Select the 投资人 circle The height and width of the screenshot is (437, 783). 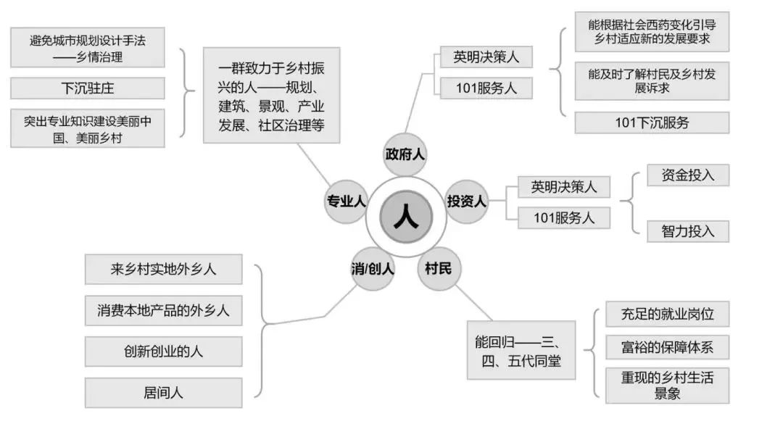[x=466, y=201]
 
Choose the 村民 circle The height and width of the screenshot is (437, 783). [x=439, y=269]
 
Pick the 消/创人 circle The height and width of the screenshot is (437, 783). [x=373, y=270]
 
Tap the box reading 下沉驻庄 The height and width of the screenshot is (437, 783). [x=87, y=88]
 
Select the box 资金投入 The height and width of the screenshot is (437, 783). [x=688, y=175]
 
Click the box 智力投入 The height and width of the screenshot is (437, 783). [x=688, y=231]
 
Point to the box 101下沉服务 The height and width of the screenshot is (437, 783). [x=652, y=122]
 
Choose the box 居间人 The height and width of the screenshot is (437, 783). [x=163, y=393]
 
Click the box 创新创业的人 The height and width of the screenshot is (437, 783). [x=163, y=351]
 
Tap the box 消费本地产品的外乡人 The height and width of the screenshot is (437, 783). [x=163, y=310]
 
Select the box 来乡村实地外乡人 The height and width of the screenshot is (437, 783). [x=163, y=269]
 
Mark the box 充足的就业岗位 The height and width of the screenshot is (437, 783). [x=667, y=315]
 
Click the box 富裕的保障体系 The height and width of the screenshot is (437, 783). [x=667, y=347]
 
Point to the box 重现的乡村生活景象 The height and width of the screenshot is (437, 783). [x=667, y=386]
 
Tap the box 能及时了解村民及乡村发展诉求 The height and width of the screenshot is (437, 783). [x=652, y=80]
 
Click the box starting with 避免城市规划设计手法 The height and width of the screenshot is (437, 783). [x=87, y=47]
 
